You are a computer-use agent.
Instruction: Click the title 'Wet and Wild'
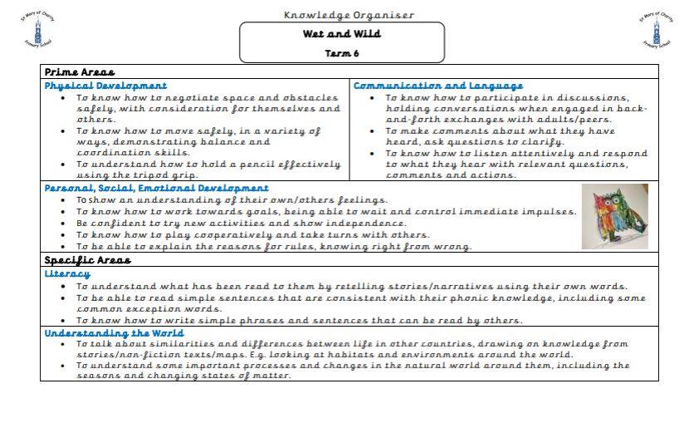pos(341,35)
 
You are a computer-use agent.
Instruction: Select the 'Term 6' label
pos(341,53)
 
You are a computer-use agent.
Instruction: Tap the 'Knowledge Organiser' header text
pos(349,15)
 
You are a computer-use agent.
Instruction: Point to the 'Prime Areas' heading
pos(79,72)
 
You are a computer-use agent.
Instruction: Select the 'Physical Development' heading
pos(105,86)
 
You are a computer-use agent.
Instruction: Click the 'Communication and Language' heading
pos(438,86)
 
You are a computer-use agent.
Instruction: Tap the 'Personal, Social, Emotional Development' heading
pos(156,189)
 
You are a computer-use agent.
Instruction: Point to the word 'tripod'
pos(206,175)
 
